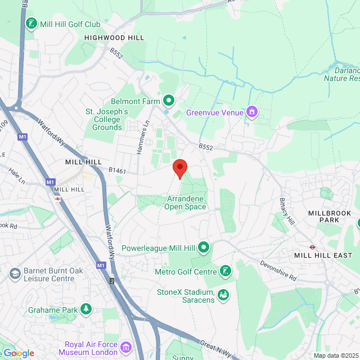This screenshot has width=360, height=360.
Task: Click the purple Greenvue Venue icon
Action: [x=253, y=112]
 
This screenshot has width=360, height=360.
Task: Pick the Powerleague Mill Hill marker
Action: [x=204, y=247]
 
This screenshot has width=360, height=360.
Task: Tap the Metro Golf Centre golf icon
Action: [x=224, y=272]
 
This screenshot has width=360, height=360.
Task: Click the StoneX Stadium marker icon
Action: [x=223, y=294]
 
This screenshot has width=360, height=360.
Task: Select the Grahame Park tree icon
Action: [x=85, y=309]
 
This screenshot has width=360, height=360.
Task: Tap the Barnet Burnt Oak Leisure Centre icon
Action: [x=15, y=274]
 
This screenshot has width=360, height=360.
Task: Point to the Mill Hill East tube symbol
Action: [x=313, y=246]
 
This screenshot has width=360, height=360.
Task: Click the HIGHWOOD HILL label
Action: [x=114, y=38]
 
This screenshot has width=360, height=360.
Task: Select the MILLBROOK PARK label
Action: [x=329, y=216]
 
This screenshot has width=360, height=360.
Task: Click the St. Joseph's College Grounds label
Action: [x=107, y=119]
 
